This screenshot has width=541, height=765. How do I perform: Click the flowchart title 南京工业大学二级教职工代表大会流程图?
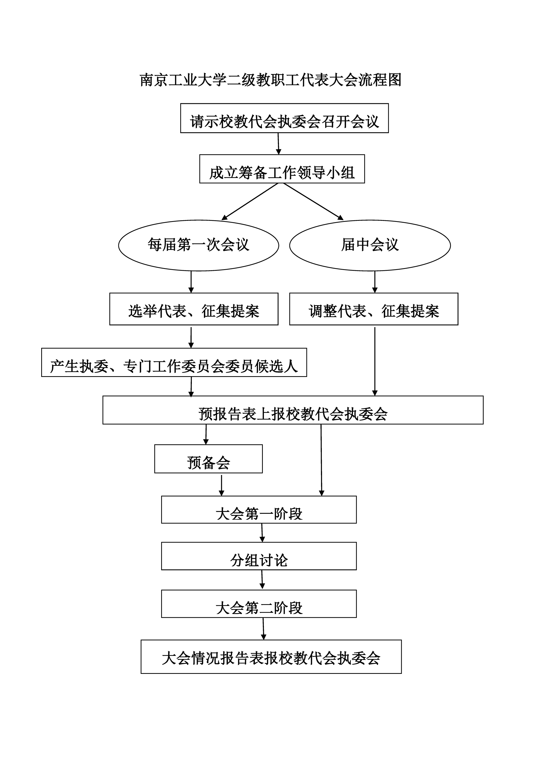tap(270, 80)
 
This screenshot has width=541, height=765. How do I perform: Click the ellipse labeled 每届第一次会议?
tap(199, 245)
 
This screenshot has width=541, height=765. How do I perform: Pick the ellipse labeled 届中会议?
tap(370, 245)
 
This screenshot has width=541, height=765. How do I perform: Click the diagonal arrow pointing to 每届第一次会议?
tap(250, 202)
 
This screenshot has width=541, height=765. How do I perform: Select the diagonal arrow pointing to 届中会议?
tap(313, 202)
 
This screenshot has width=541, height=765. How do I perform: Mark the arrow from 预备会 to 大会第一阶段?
tap(222, 484)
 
